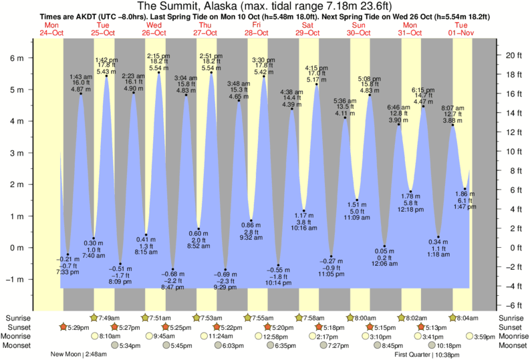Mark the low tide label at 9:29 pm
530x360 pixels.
click(x=225, y=287)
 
